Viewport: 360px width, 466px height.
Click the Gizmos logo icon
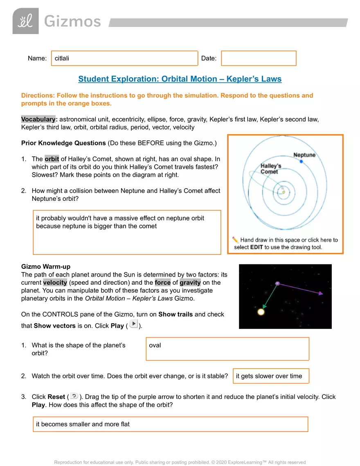pos(25,21)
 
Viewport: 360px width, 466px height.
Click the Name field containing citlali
pos(124,58)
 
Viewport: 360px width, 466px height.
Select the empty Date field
pos(259,58)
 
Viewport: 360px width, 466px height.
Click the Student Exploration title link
pos(180,79)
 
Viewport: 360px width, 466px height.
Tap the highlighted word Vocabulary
pos(38,119)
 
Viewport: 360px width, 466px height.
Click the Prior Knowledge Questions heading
pos(63,143)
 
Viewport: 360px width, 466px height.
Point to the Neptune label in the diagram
pos(304,155)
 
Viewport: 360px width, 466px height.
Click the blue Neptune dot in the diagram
pos(301,162)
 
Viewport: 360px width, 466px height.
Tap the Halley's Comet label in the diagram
pos(271,169)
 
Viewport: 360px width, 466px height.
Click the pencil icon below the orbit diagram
pos(235,240)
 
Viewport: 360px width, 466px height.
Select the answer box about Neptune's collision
pos(127,232)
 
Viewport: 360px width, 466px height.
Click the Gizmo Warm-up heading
pos(43,267)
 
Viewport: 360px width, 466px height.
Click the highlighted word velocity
pos(55,283)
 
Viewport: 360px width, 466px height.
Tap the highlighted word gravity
pos(191,283)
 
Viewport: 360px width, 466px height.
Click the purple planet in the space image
pos(277,284)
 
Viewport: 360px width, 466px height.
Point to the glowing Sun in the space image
pos(261,312)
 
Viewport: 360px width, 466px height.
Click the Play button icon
pos(133,324)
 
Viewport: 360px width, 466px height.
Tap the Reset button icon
pos(74,396)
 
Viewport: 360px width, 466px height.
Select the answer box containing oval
pos(227,349)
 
